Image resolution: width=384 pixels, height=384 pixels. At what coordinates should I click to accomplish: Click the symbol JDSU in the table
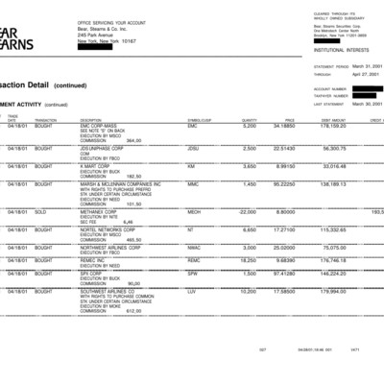(x=193, y=148)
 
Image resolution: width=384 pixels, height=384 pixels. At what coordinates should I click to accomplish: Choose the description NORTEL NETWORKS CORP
(x=108, y=229)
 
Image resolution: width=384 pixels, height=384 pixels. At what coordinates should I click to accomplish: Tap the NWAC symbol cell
(x=194, y=246)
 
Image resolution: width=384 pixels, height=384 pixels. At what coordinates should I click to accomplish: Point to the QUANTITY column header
(x=249, y=119)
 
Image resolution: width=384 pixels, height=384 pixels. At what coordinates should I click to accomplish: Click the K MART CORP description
(x=96, y=165)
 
